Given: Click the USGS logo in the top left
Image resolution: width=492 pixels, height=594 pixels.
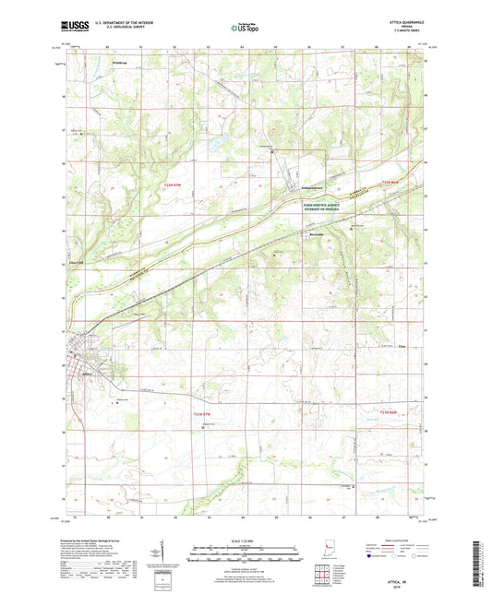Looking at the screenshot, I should [x=76, y=28].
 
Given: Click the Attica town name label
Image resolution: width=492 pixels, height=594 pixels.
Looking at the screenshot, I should [x=89, y=374].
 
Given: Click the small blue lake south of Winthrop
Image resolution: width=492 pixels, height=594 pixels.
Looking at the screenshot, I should [x=213, y=145].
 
